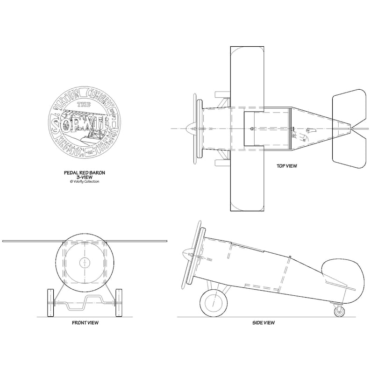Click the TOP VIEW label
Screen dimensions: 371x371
(x=287, y=165)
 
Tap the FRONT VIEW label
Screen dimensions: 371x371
(x=85, y=322)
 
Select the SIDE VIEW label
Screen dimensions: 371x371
(x=263, y=322)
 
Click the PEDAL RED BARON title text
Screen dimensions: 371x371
(x=85, y=172)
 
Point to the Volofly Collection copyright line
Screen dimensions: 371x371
(x=85, y=181)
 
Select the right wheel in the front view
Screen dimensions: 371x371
(x=119, y=303)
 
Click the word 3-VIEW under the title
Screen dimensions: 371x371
(x=85, y=177)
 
